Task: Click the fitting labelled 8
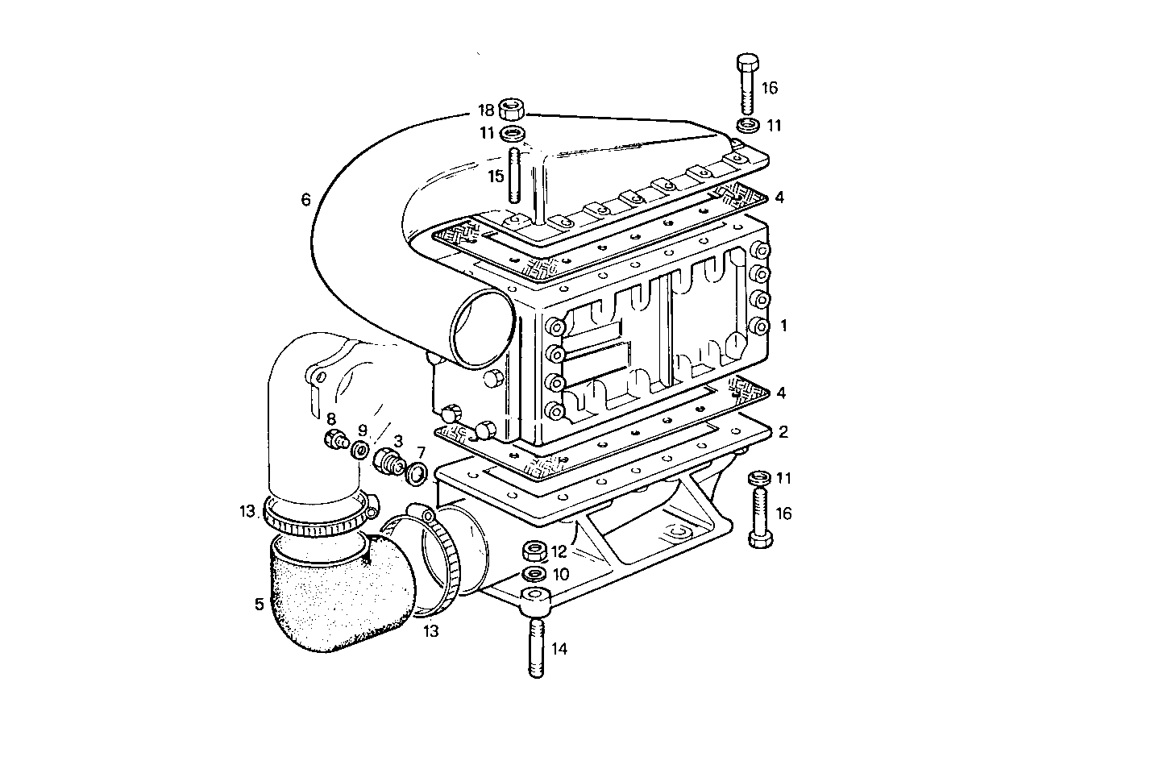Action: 334,440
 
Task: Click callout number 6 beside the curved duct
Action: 305,199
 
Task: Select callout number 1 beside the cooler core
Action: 783,326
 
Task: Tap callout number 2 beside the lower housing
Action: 783,431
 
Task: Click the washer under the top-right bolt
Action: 748,125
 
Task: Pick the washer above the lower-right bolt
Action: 757,479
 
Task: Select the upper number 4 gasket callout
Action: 779,197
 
